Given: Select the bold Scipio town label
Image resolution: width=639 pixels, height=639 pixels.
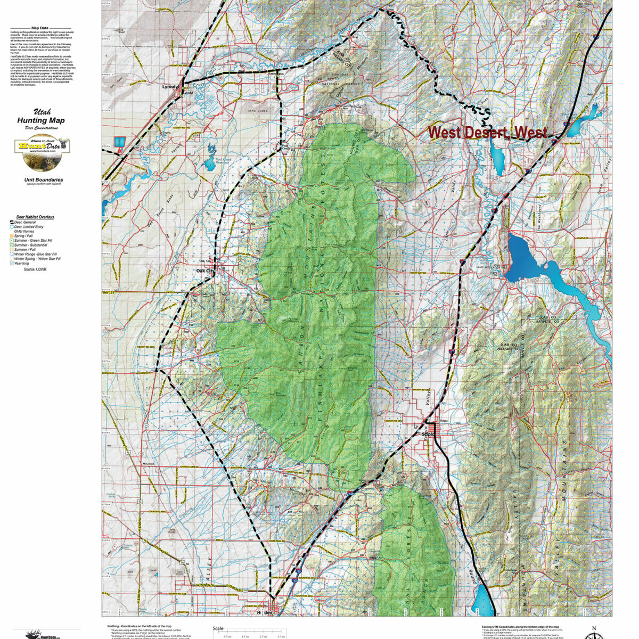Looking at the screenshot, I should pyautogui.click(x=428, y=434).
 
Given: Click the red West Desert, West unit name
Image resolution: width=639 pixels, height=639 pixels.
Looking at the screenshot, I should pyautogui.click(x=487, y=132).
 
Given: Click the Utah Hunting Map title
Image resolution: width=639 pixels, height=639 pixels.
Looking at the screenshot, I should pyautogui.click(x=42, y=117).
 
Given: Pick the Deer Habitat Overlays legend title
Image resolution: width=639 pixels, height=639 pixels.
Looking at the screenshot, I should pyautogui.click(x=35, y=217).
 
